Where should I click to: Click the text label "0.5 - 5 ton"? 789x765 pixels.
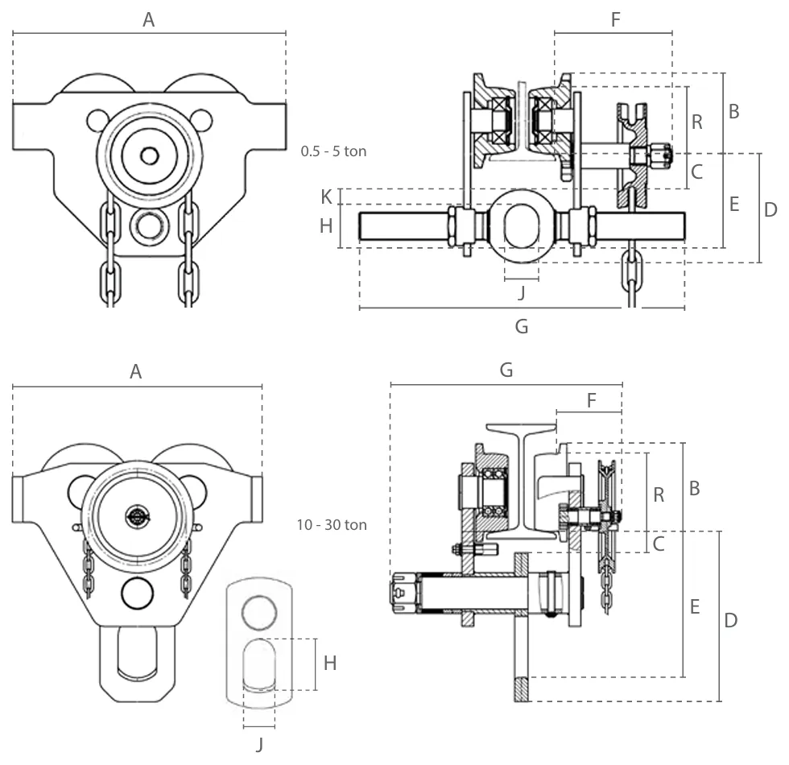coord(333,151)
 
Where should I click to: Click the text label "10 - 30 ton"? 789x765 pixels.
coord(332,525)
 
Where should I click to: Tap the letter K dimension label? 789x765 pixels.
coord(326,196)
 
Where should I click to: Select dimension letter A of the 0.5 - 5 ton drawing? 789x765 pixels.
coord(148,20)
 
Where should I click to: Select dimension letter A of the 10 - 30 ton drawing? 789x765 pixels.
coord(136,371)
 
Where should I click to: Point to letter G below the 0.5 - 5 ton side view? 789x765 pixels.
coord(522,326)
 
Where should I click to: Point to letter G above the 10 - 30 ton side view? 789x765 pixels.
coord(506,370)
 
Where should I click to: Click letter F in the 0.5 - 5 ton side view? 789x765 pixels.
coord(616,19)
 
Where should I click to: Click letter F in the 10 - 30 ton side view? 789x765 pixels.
coord(592,400)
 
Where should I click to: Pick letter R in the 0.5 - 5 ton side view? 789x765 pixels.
coord(697,122)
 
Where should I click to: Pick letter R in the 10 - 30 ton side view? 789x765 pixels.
coord(659,494)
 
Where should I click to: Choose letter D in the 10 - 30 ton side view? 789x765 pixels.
coord(731,620)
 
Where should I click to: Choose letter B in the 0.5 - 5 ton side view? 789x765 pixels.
coord(733,111)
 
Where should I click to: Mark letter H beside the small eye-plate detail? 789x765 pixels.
coord(330,664)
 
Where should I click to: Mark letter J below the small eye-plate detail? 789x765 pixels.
coord(259,745)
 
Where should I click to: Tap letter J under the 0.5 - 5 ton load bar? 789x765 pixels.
coord(522,292)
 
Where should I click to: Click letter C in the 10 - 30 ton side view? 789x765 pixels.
coord(659,544)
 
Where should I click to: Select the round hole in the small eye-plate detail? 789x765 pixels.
coord(259,611)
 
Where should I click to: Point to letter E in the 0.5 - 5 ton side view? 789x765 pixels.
coord(733,204)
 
